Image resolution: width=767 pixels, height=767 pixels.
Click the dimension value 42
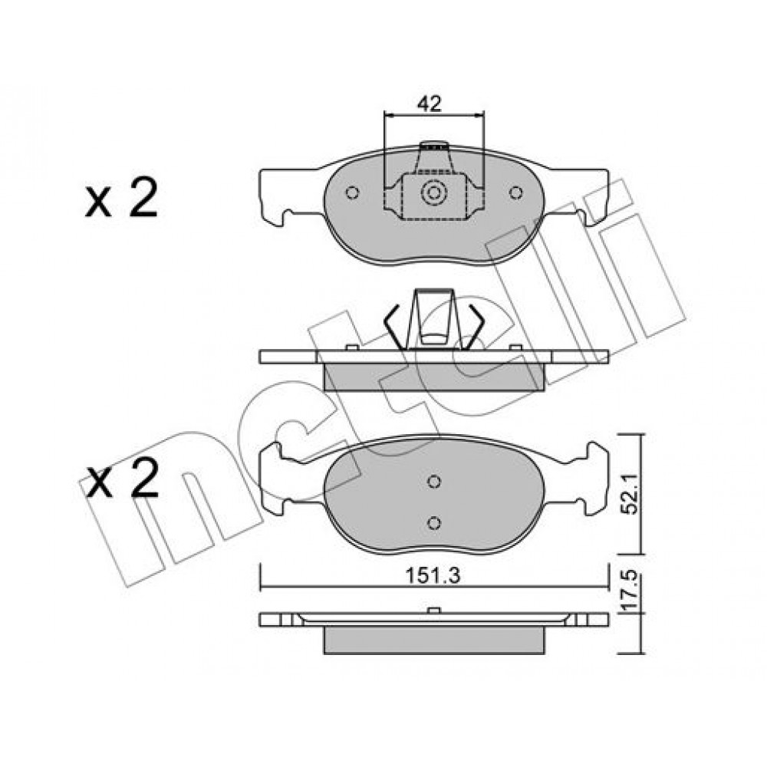click(429, 104)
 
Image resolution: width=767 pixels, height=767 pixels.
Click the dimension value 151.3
click(433, 576)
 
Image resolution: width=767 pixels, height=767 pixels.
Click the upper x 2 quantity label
click(121, 198)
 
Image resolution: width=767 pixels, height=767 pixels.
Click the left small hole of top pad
click(352, 193)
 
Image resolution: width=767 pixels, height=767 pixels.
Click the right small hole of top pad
click(515, 193)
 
